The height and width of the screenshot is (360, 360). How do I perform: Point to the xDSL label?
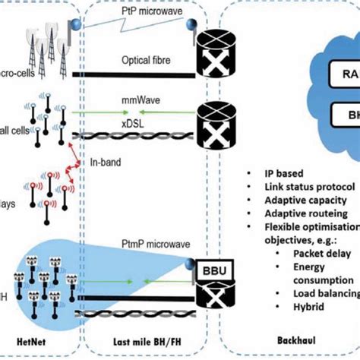(131, 122)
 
